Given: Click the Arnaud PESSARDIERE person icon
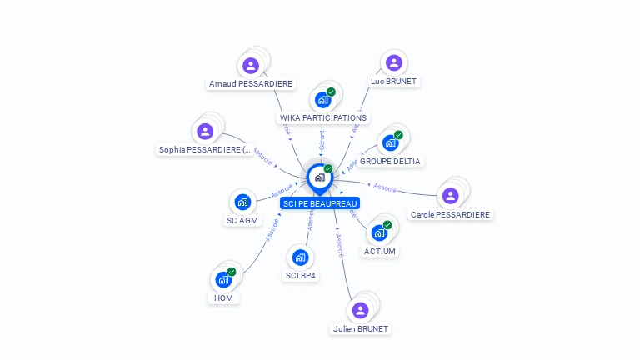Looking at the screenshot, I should pos(251,65).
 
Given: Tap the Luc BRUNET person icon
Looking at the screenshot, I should pos(394,62).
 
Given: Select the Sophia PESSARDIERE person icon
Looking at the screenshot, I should pos(206,131).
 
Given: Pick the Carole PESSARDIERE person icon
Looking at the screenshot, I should pos(451,195).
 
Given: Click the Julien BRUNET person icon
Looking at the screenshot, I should pos(360,310).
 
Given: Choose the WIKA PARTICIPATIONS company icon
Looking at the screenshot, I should pos(322,100).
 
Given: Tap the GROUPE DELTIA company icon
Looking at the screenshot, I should pos(390,142).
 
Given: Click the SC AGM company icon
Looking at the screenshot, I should pos(242,202).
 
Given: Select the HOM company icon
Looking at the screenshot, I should pos(223,279).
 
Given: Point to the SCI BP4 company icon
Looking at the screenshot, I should pos(301,257).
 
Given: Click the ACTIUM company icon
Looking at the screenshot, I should pos(379,232).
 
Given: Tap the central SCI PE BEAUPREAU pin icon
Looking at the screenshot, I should pos(319,177).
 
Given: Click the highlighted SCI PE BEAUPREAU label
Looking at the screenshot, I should pos(320,203).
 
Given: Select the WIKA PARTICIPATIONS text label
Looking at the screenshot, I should pos(323,117).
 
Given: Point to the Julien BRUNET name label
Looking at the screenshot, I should pos(360,328).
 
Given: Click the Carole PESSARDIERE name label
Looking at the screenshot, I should pos(451,214).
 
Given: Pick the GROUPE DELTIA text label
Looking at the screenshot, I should pos(391,161).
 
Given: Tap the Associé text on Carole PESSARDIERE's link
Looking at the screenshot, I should pos(385,187).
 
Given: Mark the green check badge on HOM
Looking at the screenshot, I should pos(232,272).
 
